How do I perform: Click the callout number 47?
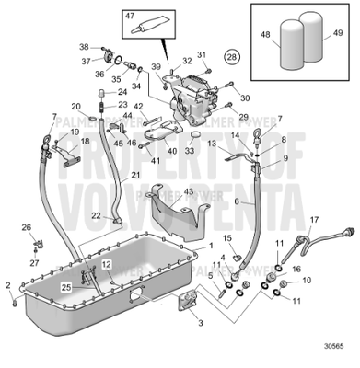coord(129,16)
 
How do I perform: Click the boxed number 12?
coord(107,264)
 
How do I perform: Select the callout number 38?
coord(83,47)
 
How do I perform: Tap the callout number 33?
coord(190,149)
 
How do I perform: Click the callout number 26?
coord(26,227)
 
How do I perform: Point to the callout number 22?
coord(95,215)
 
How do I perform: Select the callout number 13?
coord(211,144)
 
